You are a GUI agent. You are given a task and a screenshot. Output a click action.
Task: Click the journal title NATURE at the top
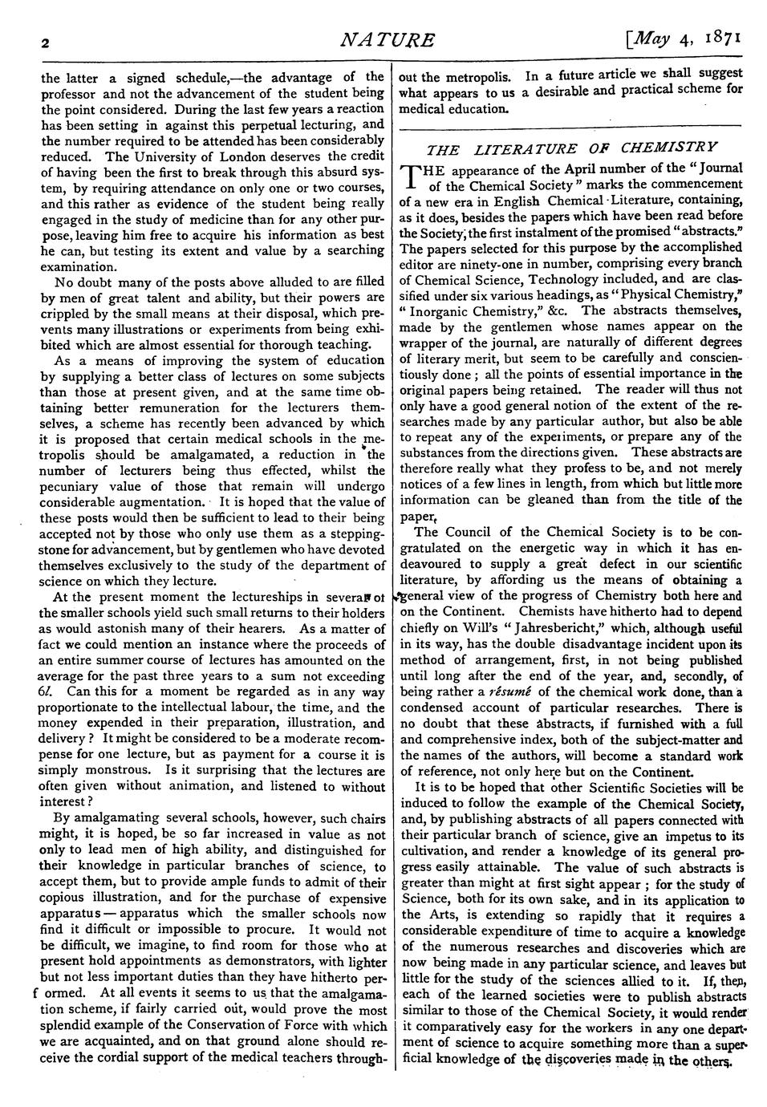[388, 40]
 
